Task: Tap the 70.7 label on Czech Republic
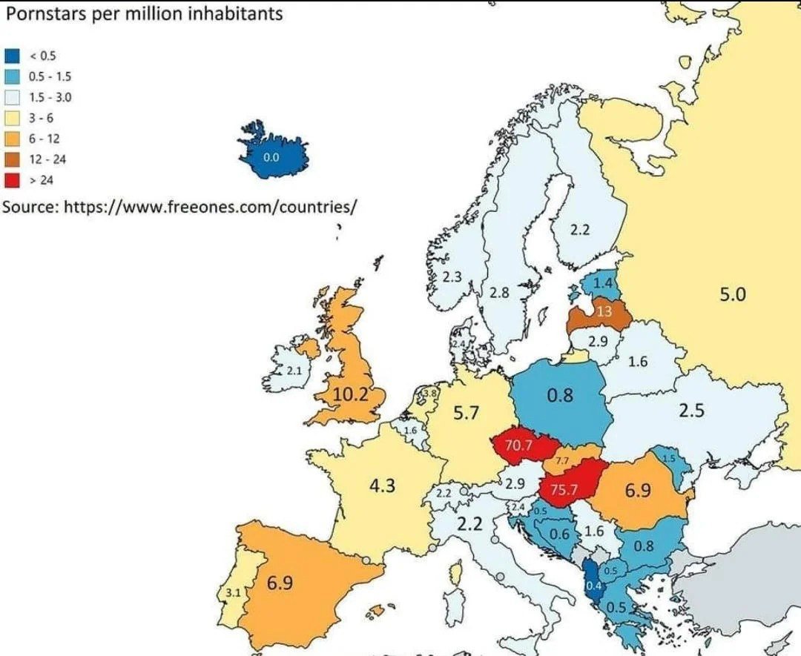pos(518,445)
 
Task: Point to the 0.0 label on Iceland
pos(271,157)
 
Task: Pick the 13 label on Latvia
pos(604,311)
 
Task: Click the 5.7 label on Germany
pos(466,413)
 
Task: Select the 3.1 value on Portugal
pos(232,594)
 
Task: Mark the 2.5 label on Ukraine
pos(691,410)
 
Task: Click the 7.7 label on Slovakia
pos(561,460)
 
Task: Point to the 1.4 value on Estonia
pos(603,283)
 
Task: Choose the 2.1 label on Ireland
pos(294,370)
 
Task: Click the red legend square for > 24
pos(12,180)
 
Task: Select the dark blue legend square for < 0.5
pos(12,56)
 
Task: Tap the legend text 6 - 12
pos(44,139)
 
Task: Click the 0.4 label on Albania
pos(593,586)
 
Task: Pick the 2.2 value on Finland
pos(579,230)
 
